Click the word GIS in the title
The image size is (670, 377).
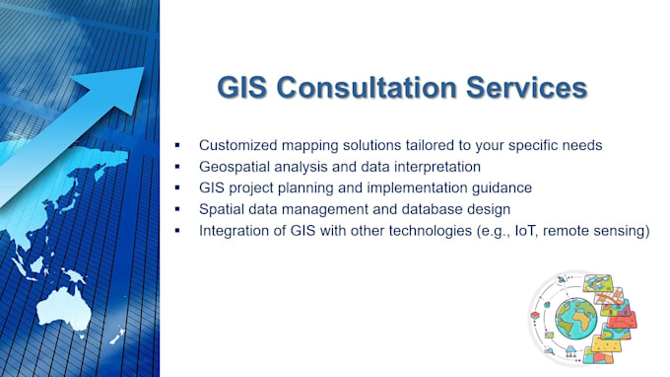click(243, 88)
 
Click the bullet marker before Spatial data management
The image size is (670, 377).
click(177, 209)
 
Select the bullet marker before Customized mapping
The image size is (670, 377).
click(177, 145)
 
